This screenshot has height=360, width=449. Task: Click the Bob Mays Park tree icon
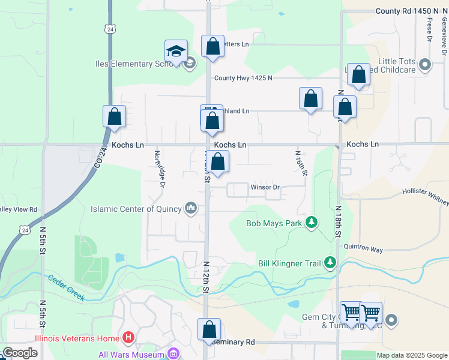click(x=312, y=223)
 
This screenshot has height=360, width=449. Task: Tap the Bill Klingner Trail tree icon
click(x=330, y=262)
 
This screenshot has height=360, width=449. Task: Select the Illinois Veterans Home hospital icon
click(x=128, y=338)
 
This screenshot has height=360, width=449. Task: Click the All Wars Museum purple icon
click(x=174, y=353)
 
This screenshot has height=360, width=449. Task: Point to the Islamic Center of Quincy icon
click(x=191, y=208)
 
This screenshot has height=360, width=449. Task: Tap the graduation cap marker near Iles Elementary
click(x=176, y=52)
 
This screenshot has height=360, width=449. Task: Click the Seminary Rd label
click(x=234, y=342)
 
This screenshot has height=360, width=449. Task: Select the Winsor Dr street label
click(x=265, y=187)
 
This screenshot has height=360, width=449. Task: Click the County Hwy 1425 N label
click(x=243, y=78)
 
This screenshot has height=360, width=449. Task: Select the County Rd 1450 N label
click(x=408, y=11)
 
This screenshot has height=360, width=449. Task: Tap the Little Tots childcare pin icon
click(x=426, y=64)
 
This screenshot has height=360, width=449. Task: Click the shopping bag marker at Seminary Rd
click(x=209, y=329)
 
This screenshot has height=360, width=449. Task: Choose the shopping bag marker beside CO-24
click(x=114, y=117)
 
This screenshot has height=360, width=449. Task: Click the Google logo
click(x=20, y=353)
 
